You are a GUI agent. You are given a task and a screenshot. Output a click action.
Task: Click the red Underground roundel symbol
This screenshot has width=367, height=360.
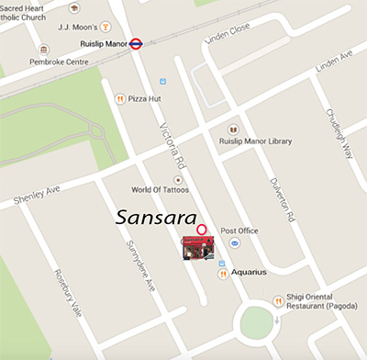click(136, 42)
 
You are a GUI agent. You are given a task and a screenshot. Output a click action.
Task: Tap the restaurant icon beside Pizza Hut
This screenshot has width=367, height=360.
click(119, 98)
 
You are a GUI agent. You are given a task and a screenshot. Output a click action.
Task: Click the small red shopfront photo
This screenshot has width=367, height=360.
click(197, 247)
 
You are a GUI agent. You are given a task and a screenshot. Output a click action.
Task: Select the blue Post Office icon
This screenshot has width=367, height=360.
click(234, 243)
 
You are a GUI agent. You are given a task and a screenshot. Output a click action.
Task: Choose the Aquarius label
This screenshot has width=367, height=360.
click(248, 272)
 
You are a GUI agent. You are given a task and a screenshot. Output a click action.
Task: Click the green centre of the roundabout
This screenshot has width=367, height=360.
click(258, 323)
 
